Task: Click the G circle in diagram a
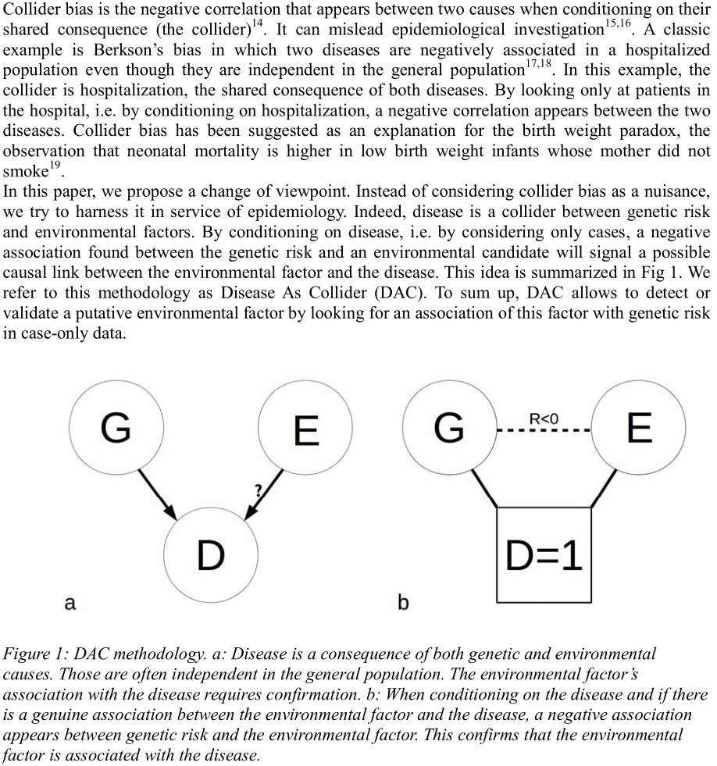pos(116,429)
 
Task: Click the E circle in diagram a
pos(304,429)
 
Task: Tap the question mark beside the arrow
pos(259,490)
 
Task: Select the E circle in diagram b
pos(638,429)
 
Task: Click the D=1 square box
pos(544,554)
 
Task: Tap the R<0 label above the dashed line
pos(544,419)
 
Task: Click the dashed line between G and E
pos(544,430)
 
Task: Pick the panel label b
pos(403,602)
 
